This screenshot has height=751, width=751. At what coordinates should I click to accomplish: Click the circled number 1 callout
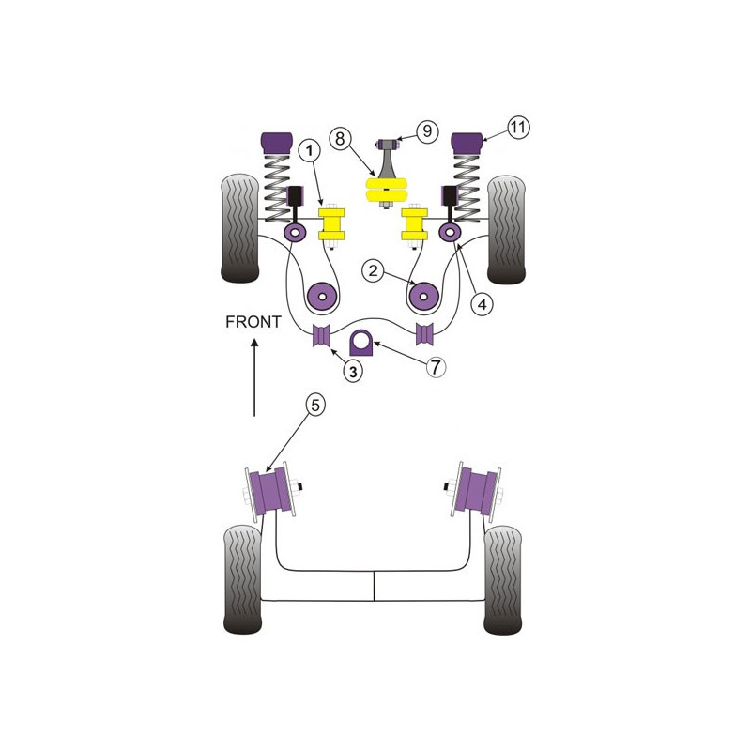coord(310,150)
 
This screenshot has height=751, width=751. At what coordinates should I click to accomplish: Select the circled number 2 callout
coord(373,270)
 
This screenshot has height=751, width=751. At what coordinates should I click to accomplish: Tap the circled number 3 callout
coord(353,371)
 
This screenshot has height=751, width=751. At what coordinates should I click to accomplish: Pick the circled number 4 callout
coord(482,303)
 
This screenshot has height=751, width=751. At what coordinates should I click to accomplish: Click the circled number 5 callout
coord(315,406)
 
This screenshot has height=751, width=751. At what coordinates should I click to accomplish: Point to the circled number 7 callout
coord(435,367)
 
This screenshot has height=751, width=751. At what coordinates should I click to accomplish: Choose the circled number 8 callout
coord(340,139)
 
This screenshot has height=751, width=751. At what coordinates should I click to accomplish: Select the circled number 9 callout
coord(427,131)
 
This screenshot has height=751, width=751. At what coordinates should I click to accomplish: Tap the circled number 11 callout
coord(518,128)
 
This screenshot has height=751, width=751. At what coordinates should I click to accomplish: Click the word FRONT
coord(253,322)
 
